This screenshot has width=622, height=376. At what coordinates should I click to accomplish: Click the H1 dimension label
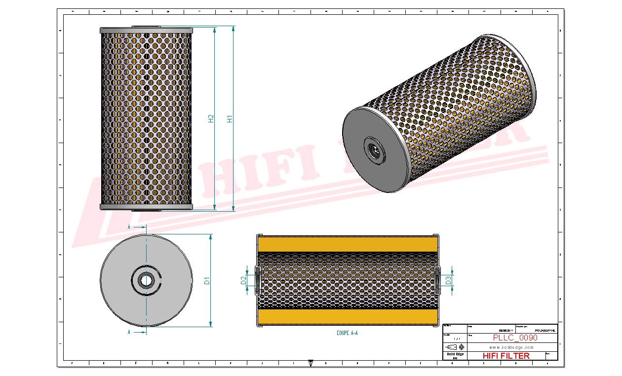tap(230, 119)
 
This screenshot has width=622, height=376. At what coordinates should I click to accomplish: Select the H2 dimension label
tap(211, 119)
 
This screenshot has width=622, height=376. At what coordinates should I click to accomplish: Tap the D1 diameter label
tap(208, 281)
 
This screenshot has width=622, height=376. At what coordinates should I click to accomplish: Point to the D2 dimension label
tap(243, 280)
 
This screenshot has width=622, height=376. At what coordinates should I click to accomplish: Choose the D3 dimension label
tap(448, 280)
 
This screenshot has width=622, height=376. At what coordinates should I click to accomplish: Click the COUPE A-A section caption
tap(347, 334)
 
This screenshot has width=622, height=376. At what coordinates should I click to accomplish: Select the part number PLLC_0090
tap(515, 338)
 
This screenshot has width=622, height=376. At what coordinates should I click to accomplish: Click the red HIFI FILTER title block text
tap(505, 356)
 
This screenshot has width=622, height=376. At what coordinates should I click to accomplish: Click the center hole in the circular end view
tap(146, 280)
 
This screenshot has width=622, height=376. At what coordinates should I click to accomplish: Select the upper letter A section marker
tap(129, 227)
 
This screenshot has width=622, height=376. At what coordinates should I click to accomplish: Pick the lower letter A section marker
tap(129, 333)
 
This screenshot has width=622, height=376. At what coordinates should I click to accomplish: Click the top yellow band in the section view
tap(347, 244)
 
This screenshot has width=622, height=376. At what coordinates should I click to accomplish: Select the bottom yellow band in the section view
tap(347, 317)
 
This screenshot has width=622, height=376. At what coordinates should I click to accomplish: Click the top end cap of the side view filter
tap(146, 31)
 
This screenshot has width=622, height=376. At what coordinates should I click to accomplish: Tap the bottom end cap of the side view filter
tap(146, 207)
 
